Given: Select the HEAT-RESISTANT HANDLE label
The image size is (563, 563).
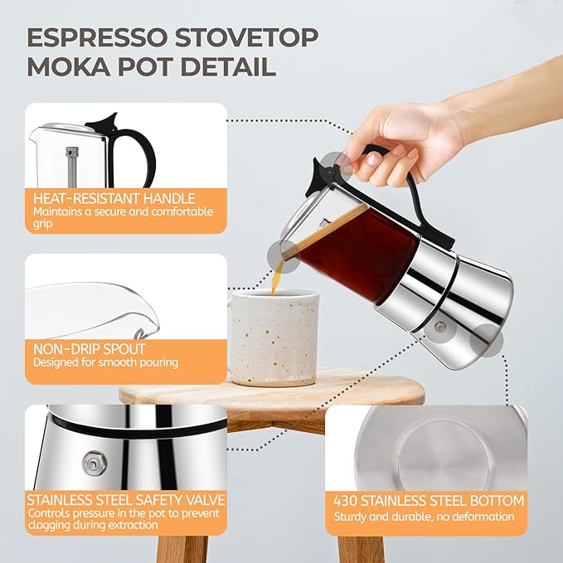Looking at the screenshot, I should pyautogui.click(x=114, y=199).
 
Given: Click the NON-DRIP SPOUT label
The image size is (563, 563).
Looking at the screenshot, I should pyautogui.click(x=90, y=349).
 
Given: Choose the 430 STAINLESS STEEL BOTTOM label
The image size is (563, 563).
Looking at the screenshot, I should pyautogui.click(x=429, y=501).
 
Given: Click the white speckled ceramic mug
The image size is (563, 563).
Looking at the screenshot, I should pyautogui.click(x=274, y=337).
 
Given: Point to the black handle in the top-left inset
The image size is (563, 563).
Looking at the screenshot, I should pyautogui.click(x=133, y=145).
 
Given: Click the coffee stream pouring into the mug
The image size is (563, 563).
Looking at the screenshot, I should pyautogui.click(x=276, y=278).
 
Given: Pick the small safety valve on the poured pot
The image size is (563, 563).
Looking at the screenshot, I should pyautogui.click(x=439, y=328).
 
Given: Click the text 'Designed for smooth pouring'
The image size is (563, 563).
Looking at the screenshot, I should pyautogui.click(x=105, y=362).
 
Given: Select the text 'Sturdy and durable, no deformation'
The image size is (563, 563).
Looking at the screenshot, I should pyautogui.click(x=424, y=517).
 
